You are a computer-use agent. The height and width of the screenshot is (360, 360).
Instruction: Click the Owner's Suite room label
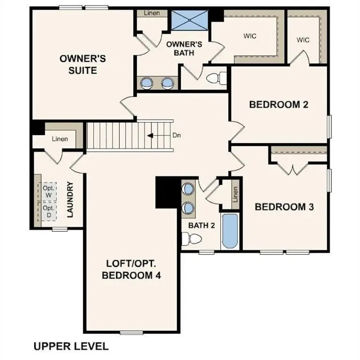(82, 65)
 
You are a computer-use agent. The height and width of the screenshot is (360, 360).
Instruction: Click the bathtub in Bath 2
(230, 232)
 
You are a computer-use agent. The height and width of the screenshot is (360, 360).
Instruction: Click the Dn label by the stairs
(177, 135)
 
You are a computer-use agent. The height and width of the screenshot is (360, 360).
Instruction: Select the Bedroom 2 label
(279, 104)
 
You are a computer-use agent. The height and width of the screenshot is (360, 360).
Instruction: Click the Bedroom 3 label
(284, 206)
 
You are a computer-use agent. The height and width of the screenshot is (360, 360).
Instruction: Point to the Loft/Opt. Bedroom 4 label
(131, 269)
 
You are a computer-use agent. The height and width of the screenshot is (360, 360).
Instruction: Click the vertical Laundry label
(71, 200)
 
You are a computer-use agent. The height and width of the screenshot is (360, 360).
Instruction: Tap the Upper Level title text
(71, 346)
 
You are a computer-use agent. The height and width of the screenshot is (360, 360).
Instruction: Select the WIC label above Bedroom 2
(303, 39)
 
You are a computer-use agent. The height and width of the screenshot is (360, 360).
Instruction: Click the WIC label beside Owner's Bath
(250, 36)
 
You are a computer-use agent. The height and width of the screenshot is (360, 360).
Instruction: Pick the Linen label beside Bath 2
(236, 195)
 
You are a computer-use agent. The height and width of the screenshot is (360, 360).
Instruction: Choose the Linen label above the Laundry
(60, 139)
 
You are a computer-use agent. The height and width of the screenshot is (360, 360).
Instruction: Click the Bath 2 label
(202, 225)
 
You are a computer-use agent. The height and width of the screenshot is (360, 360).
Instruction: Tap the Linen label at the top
(152, 13)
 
